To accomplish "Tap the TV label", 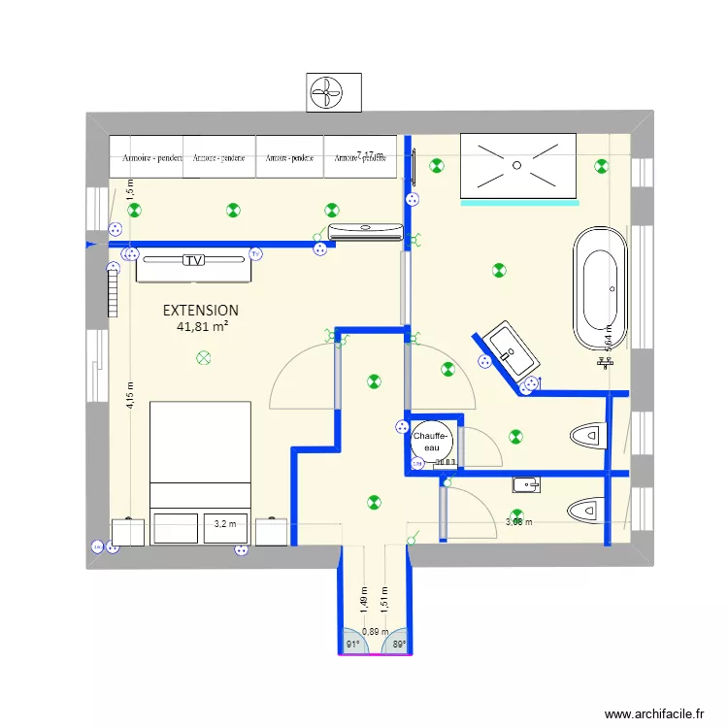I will click(x=194, y=260).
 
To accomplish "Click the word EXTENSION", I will click(x=201, y=311).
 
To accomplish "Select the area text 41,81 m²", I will click(x=202, y=327).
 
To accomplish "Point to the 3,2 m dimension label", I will click(x=224, y=524).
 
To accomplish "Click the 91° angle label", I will click(x=352, y=644).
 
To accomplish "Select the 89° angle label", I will click(x=398, y=644).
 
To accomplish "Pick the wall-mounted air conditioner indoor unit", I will click(x=365, y=231).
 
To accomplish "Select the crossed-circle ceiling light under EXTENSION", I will click(x=203, y=358).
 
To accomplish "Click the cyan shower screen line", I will click(x=520, y=204).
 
